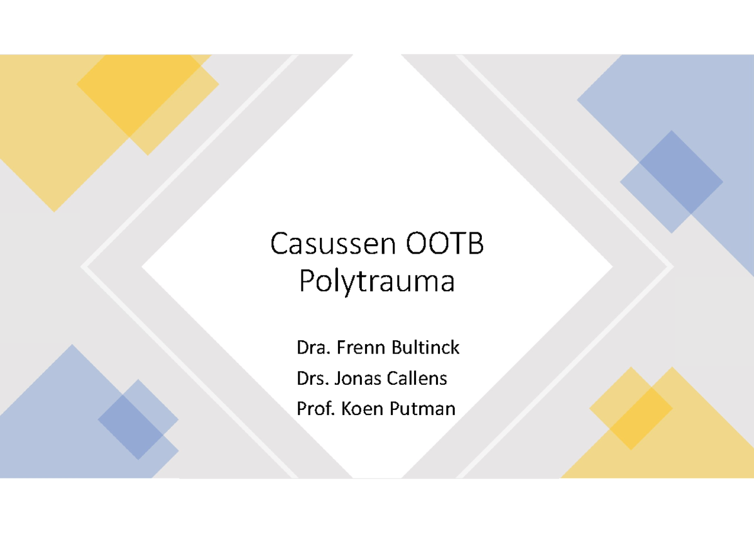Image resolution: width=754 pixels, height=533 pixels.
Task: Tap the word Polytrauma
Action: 376,282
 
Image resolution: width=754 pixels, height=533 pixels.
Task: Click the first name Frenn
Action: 356,347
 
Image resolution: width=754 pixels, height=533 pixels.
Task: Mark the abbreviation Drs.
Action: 310,379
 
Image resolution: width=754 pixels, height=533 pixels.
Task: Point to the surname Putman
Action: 422,409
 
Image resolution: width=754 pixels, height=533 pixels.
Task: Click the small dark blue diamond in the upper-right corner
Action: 671,181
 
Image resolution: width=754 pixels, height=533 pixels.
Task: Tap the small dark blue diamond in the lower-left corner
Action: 138,419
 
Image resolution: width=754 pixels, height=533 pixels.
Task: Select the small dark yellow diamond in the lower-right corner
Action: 630,408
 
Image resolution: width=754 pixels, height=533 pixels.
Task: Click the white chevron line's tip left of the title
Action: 84,267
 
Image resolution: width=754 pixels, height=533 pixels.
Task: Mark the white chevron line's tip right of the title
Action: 670,267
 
